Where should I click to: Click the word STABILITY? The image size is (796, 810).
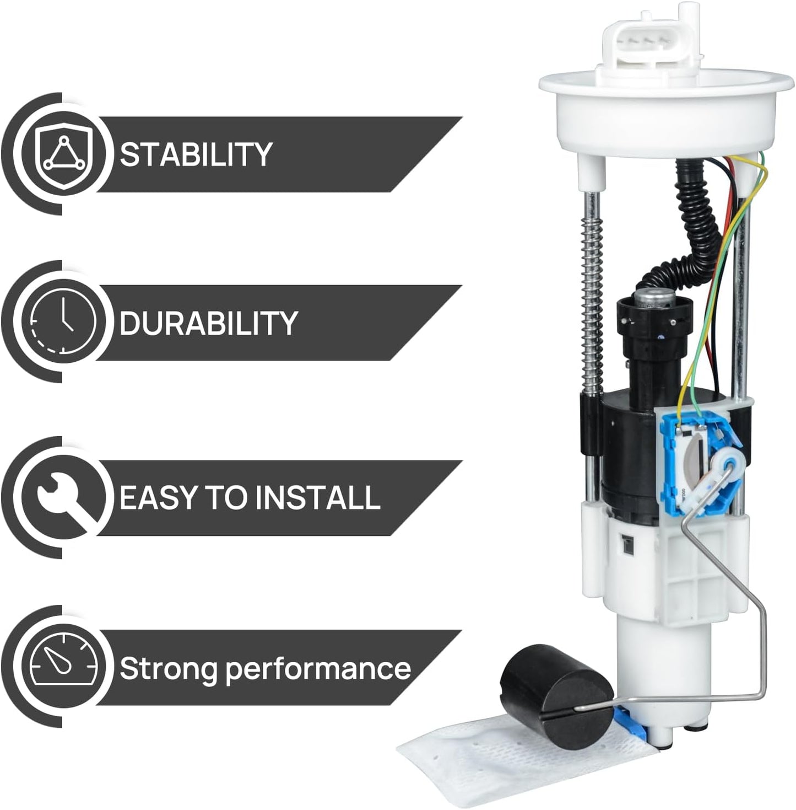(196, 154)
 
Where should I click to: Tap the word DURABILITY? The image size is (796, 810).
(208, 323)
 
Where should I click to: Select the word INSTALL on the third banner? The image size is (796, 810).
(318, 497)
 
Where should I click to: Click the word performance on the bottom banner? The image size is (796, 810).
(318, 669)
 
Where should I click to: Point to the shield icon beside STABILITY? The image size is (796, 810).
(64, 154)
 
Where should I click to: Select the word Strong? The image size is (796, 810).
(170, 668)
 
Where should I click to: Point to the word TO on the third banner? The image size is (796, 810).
(225, 497)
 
